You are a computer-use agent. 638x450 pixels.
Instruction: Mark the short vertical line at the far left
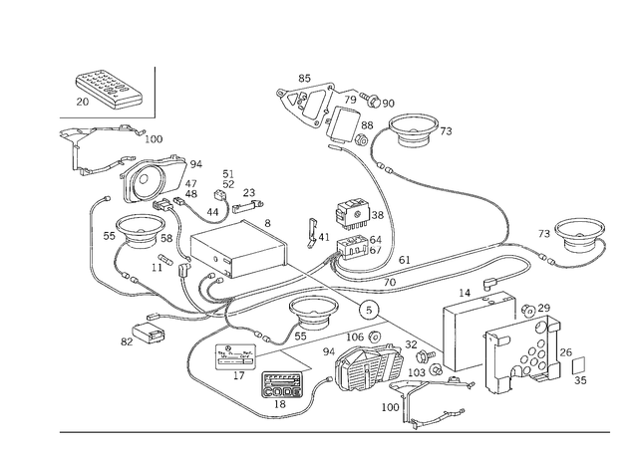click(x=91, y=239)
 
